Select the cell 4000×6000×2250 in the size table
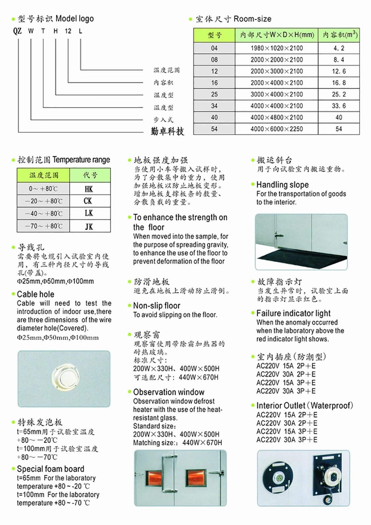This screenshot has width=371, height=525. click(277, 129)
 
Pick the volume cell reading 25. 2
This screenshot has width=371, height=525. click(339, 94)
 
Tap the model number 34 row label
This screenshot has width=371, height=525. click(214, 106)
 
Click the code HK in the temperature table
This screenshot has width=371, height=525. click(89, 189)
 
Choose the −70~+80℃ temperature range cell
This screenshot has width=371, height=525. click(43, 226)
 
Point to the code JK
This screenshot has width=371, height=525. click(89, 227)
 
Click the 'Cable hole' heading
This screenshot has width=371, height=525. click(35, 294)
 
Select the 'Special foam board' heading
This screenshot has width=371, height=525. click(50, 469)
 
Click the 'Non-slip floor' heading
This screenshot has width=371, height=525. click(157, 306)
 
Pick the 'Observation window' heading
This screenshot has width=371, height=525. click(169, 392)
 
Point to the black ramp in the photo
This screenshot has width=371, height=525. click(298, 257)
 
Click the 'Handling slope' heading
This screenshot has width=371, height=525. click(283, 185)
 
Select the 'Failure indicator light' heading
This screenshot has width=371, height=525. click(293, 313)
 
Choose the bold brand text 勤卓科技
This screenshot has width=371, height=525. click(167, 131)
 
